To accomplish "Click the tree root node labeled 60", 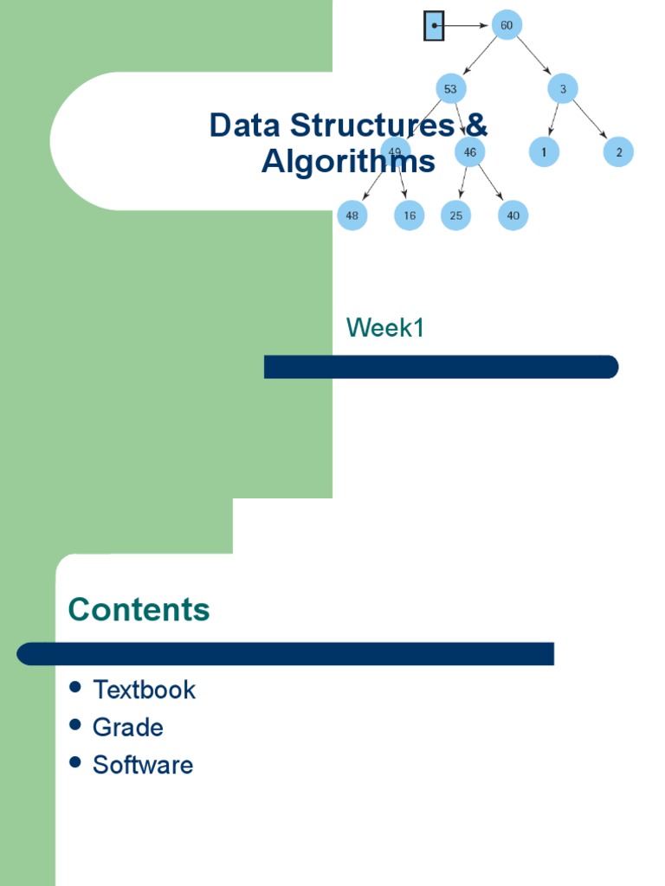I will [507, 25].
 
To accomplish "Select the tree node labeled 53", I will [450, 88].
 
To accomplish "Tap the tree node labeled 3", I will [563, 88].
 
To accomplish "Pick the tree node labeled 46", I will [470, 152].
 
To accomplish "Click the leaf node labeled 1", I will [544, 152].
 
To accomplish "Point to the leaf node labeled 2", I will [619, 152].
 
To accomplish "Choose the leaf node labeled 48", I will [352, 215].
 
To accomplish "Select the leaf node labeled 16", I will [410, 215].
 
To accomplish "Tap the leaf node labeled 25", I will [455, 215].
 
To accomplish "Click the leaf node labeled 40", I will [513, 215].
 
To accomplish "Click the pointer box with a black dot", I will [434, 26].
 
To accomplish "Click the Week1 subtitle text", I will [385, 328].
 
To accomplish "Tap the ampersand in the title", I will [476, 125].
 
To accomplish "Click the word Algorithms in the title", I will [348, 162].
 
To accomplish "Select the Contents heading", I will [139, 609].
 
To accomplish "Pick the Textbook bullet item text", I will [144, 690].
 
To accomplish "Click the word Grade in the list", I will [127, 728].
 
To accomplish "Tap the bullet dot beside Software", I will [75, 762].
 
